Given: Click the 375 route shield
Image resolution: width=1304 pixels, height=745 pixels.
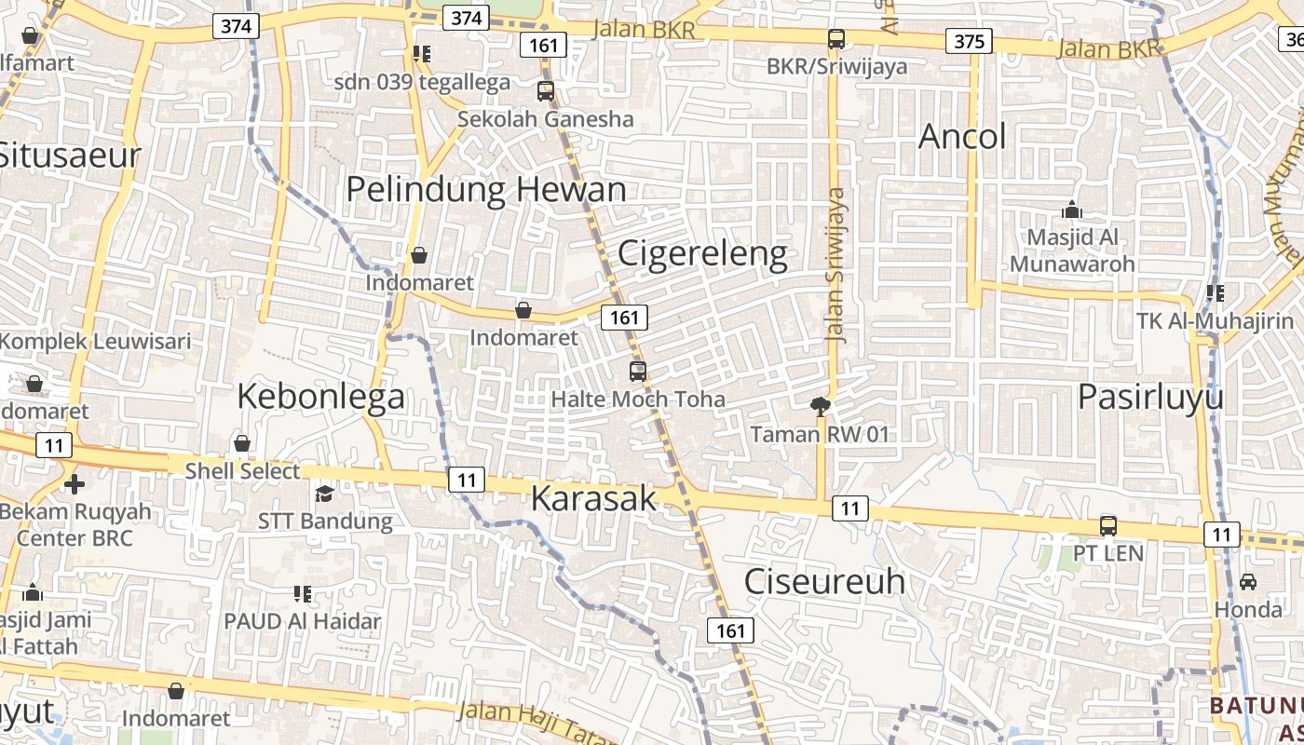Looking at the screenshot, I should click(x=969, y=41).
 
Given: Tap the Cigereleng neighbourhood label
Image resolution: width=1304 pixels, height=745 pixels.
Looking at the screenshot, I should click(x=702, y=253).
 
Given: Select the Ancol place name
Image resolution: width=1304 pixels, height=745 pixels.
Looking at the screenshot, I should click(x=962, y=137).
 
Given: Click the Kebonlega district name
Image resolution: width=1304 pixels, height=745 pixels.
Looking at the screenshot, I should click(x=320, y=397).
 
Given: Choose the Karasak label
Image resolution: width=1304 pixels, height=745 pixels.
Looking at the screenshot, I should click(x=593, y=498).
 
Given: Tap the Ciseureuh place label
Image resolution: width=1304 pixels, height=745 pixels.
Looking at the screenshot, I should click(x=824, y=581).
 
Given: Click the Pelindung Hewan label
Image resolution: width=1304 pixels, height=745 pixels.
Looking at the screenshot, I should click(x=485, y=190).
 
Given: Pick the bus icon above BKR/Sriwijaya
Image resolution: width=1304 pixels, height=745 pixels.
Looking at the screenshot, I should click(x=836, y=39).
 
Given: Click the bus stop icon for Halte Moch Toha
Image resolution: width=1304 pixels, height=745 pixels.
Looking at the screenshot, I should click(x=638, y=372).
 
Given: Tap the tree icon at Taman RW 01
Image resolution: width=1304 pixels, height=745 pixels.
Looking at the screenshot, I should click(x=820, y=406).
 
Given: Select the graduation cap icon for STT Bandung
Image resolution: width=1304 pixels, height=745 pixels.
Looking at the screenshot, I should click(x=324, y=494).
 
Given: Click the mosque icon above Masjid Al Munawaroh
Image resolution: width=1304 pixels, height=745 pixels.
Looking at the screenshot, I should click(x=1072, y=210).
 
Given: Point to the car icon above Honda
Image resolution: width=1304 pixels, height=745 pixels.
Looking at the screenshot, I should click(x=1248, y=582).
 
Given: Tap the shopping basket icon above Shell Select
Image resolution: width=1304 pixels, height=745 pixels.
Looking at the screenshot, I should click(x=242, y=443).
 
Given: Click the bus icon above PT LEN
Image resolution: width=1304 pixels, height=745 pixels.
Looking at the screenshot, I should click(x=1108, y=525).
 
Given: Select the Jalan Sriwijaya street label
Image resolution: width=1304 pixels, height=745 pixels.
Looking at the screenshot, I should click(x=836, y=265).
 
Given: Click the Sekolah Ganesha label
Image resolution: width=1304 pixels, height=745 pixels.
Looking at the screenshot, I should click(x=545, y=119).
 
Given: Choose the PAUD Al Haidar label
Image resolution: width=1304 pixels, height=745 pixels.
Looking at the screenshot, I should click(x=303, y=621).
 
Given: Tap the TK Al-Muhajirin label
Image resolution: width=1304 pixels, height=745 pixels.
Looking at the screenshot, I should click(x=1215, y=321).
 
